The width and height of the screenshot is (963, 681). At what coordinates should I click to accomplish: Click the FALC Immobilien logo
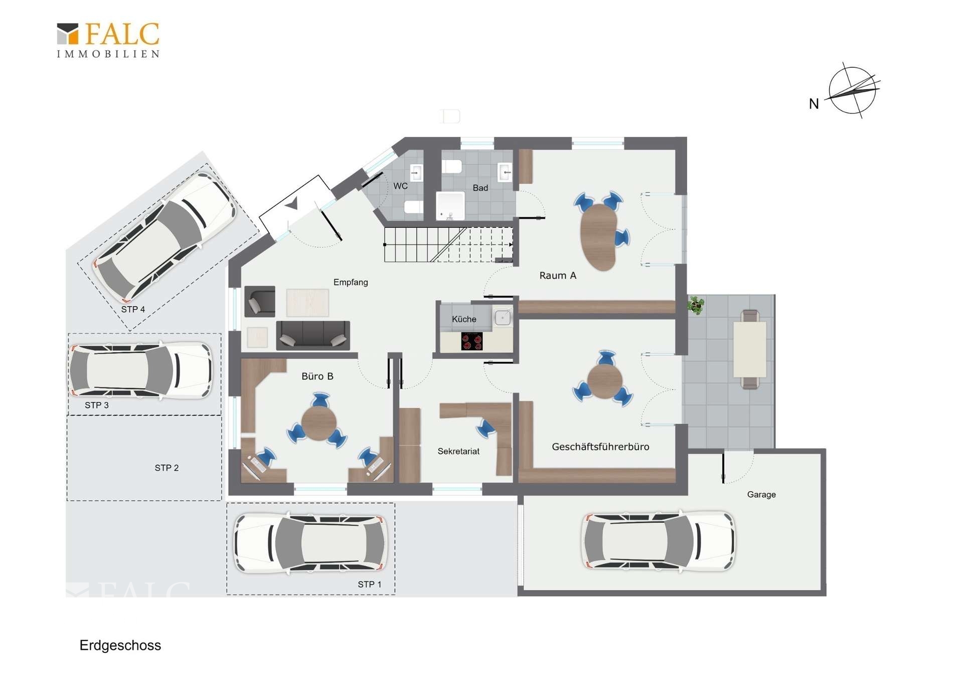click(108, 40)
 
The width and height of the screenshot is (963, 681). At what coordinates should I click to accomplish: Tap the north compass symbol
click(852, 91)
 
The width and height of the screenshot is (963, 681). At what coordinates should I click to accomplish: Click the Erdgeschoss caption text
click(120, 645)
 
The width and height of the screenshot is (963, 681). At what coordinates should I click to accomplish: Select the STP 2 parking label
click(167, 468)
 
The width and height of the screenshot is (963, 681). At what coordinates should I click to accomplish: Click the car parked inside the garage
click(659, 541)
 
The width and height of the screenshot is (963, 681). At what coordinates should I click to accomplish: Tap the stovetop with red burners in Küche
click(472, 341)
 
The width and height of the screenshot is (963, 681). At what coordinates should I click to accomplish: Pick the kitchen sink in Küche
click(503, 318)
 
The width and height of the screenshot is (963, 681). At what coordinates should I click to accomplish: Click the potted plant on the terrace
click(696, 305)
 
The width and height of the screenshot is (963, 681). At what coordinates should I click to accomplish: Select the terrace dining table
click(750, 349)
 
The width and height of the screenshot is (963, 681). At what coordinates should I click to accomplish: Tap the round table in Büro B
click(319, 423)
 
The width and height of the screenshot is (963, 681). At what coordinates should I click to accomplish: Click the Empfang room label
click(351, 282)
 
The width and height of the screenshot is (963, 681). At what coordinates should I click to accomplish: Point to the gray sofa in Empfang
click(313, 335)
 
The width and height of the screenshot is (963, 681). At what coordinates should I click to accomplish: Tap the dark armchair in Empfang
click(260, 302)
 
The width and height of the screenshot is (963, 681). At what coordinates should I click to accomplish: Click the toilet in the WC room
click(413, 207)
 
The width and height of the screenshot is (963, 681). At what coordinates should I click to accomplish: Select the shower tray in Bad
click(450, 206)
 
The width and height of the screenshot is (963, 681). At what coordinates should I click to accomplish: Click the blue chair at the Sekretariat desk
click(486, 429)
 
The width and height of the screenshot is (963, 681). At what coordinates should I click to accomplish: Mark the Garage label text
click(761, 494)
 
